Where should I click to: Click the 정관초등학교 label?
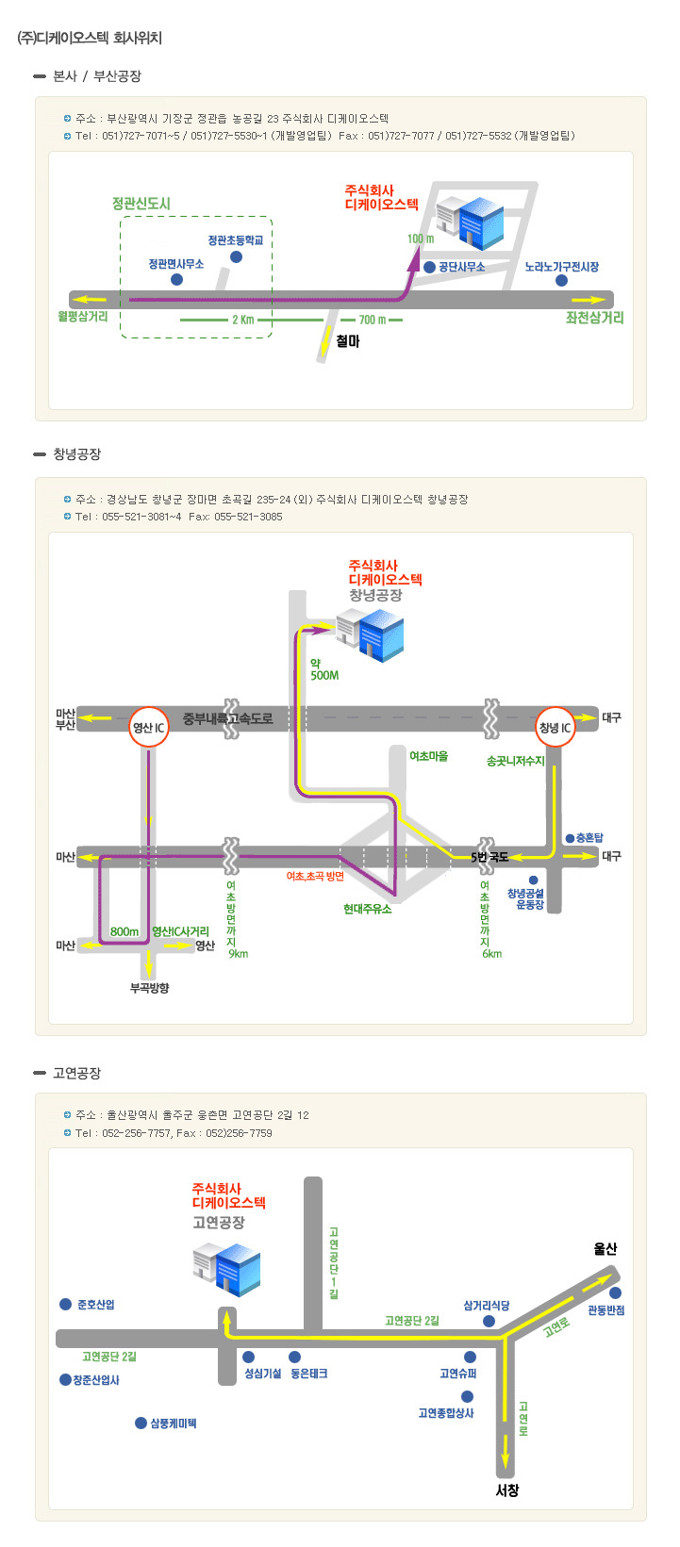tap(236, 240)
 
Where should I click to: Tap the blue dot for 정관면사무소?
tap(177, 280)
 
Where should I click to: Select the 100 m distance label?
tap(420, 239)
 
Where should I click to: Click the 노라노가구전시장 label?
tap(562, 267)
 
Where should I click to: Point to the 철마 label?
tap(348, 341)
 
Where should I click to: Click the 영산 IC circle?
tap(149, 727)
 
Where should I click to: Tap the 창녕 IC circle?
tap(555, 727)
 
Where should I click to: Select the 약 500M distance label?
tap(324, 669)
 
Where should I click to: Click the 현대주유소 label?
tap(368, 909)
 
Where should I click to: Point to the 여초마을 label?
tap(428, 756)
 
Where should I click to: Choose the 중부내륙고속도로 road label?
tap(227, 719)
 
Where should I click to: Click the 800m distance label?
tap(124, 931)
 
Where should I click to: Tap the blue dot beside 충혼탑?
tap(570, 838)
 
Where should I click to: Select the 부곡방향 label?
tap(149, 988)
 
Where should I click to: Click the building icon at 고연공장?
tap(226, 1269)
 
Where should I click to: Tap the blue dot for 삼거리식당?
tap(489, 1321)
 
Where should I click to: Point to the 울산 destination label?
tap(605, 1249)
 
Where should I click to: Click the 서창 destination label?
tap(507, 1490)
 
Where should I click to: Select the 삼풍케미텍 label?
tap(174, 1424)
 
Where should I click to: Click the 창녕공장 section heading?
tap(77, 453)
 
